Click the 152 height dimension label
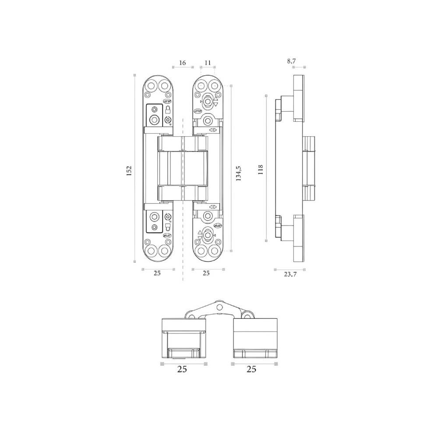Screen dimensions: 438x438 tap(129, 171)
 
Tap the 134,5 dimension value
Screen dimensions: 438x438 tap(238, 173)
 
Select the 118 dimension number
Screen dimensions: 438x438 tap(260, 170)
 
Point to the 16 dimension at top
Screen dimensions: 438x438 tap(182, 63)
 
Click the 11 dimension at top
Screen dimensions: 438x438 tap(208, 63)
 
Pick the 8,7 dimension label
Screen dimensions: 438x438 tap(291, 61)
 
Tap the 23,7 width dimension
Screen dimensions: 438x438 tap(290, 274)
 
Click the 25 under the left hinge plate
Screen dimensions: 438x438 tap(157, 273)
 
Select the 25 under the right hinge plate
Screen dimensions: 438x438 tap(206, 273)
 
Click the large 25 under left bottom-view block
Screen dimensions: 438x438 tap(182, 369)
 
